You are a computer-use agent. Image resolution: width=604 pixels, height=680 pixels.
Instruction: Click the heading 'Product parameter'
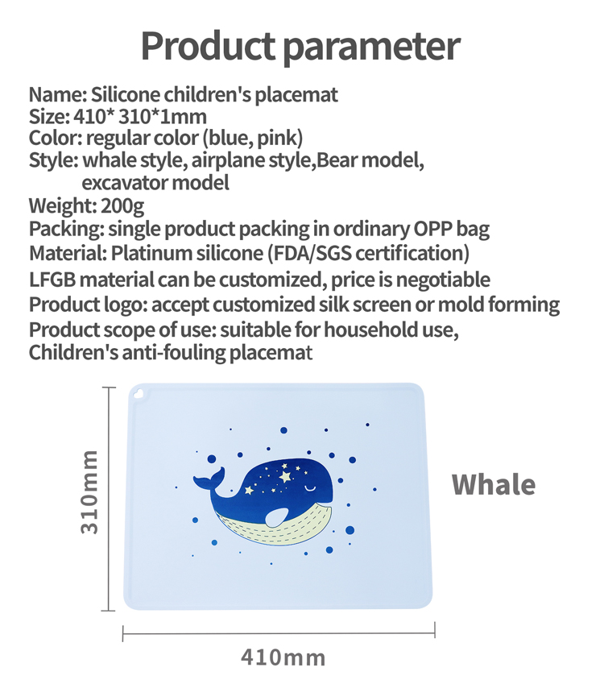[x=300, y=47]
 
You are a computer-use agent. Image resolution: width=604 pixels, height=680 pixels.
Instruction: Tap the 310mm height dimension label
[x=89, y=491]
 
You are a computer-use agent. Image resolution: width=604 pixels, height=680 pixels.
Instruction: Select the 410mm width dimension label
[x=283, y=657]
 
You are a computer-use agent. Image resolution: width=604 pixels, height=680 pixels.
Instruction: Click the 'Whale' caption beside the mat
[x=494, y=484]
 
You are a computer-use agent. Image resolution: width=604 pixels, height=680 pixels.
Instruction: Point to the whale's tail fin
[x=209, y=479]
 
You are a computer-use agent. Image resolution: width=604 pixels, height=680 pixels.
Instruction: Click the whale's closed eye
[x=311, y=488]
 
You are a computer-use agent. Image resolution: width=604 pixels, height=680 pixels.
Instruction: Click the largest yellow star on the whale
[x=285, y=476]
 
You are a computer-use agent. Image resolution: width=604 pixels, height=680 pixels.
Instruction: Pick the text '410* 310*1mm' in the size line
[x=140, y=116]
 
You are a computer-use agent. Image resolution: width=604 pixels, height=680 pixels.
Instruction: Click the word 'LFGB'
[x=52, y=280]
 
